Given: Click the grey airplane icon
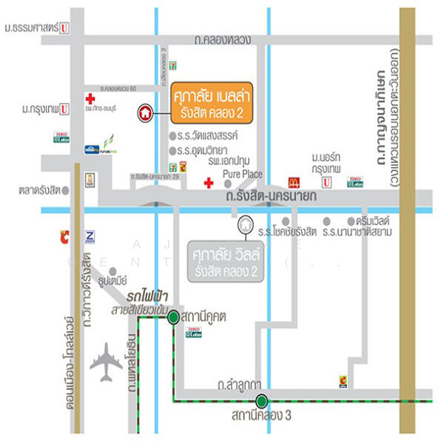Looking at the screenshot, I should pyautogui.click(x=106, y=362).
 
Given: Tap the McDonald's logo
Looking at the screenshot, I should pyautogui.click(x=293, y=182).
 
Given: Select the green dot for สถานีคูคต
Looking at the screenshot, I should pyautogui.click(x=172, y=317).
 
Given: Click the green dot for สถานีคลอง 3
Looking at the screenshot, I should pyautogui.click(x=261, y=402).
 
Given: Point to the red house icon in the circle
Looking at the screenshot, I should pyautogui.click(x=145, y=113).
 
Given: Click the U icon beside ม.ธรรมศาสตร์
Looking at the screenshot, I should pyautogui.click(x=65, y=28).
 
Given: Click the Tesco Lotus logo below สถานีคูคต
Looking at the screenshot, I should pyautogui.click(x=194, y=334).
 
